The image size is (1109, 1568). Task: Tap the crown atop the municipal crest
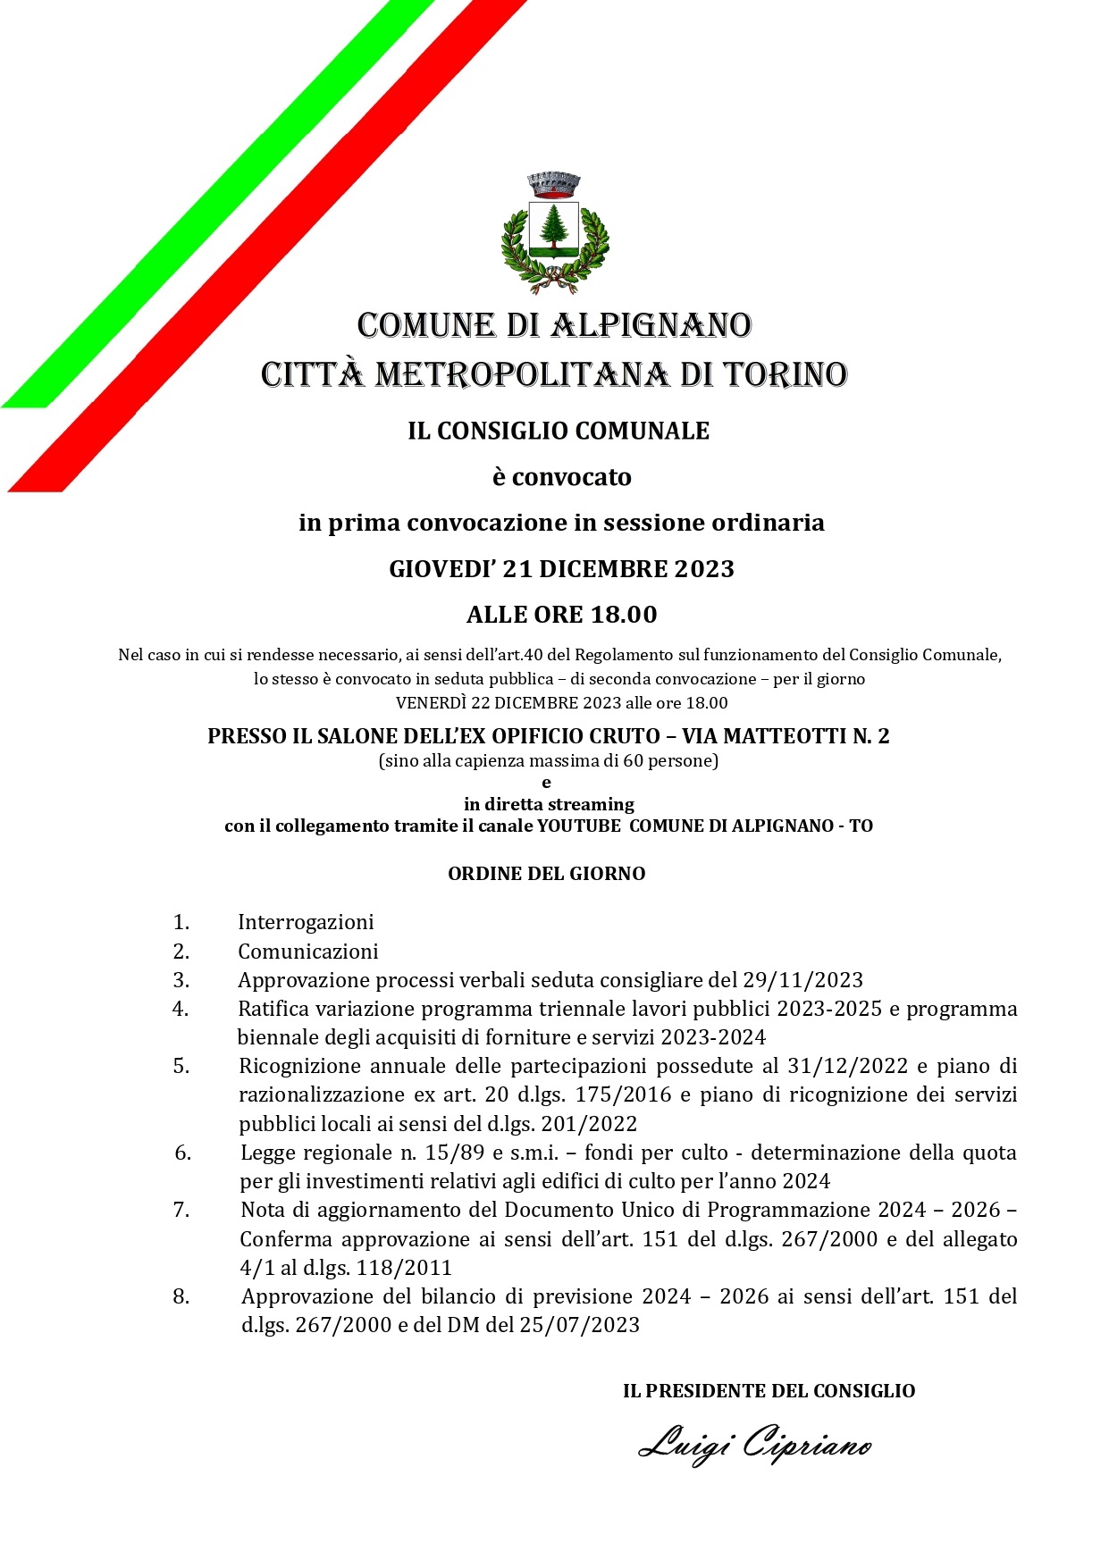554,185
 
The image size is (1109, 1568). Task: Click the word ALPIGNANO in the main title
651,325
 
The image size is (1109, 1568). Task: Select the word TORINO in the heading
781,374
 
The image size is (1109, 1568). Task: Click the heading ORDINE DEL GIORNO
546,874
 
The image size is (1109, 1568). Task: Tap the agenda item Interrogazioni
306,922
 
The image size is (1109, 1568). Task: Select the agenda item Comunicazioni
307,952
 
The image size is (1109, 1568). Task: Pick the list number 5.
182,1066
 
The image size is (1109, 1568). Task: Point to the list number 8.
181,1296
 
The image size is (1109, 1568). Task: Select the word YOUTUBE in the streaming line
578,826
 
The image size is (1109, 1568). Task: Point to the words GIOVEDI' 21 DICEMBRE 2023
561,569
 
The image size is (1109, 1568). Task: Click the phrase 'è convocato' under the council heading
561,477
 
